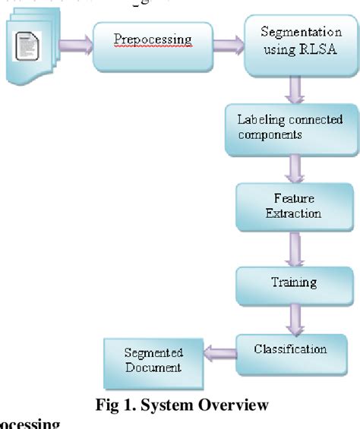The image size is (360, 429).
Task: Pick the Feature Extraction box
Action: point(293,205)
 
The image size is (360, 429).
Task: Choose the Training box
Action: point(293,284)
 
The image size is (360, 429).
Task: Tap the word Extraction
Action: point(293,214)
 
